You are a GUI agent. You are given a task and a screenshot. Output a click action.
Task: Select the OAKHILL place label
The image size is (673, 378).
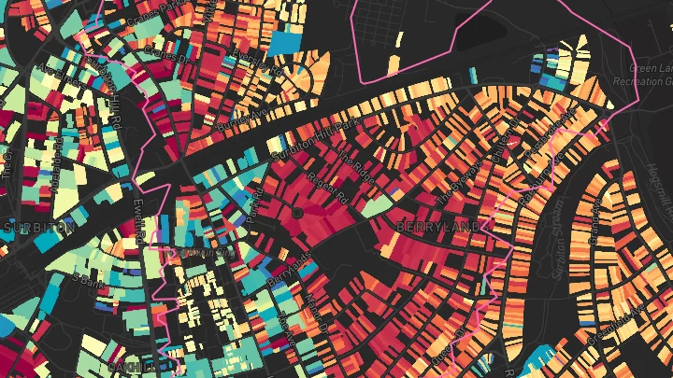click(x=131, y=367)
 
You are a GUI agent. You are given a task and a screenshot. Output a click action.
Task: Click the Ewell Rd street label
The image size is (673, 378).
click(x=140, y=220)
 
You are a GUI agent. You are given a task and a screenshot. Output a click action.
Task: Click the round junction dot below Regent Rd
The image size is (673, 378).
click(x=297, y=214)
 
